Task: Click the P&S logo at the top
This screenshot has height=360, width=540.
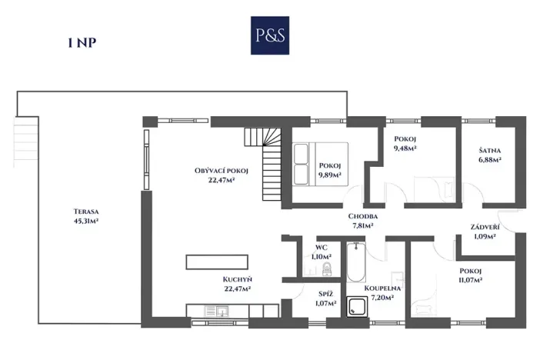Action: click(x=269, y=35)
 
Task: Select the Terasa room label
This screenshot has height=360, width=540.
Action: click(x=85, y=211)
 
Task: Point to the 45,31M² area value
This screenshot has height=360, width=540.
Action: click(x=85, y=221)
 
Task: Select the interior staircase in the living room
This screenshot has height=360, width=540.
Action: click(x=266, y=158)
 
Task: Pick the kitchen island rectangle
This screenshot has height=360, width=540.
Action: click(x=218, y=262)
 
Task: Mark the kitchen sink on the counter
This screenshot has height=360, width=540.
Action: click(x=222, y=311)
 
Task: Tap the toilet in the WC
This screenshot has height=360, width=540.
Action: click(x=326, y=269)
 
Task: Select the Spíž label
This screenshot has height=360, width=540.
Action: click(x=325, y=293)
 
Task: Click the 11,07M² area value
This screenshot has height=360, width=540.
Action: click(x=470, y=281)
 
